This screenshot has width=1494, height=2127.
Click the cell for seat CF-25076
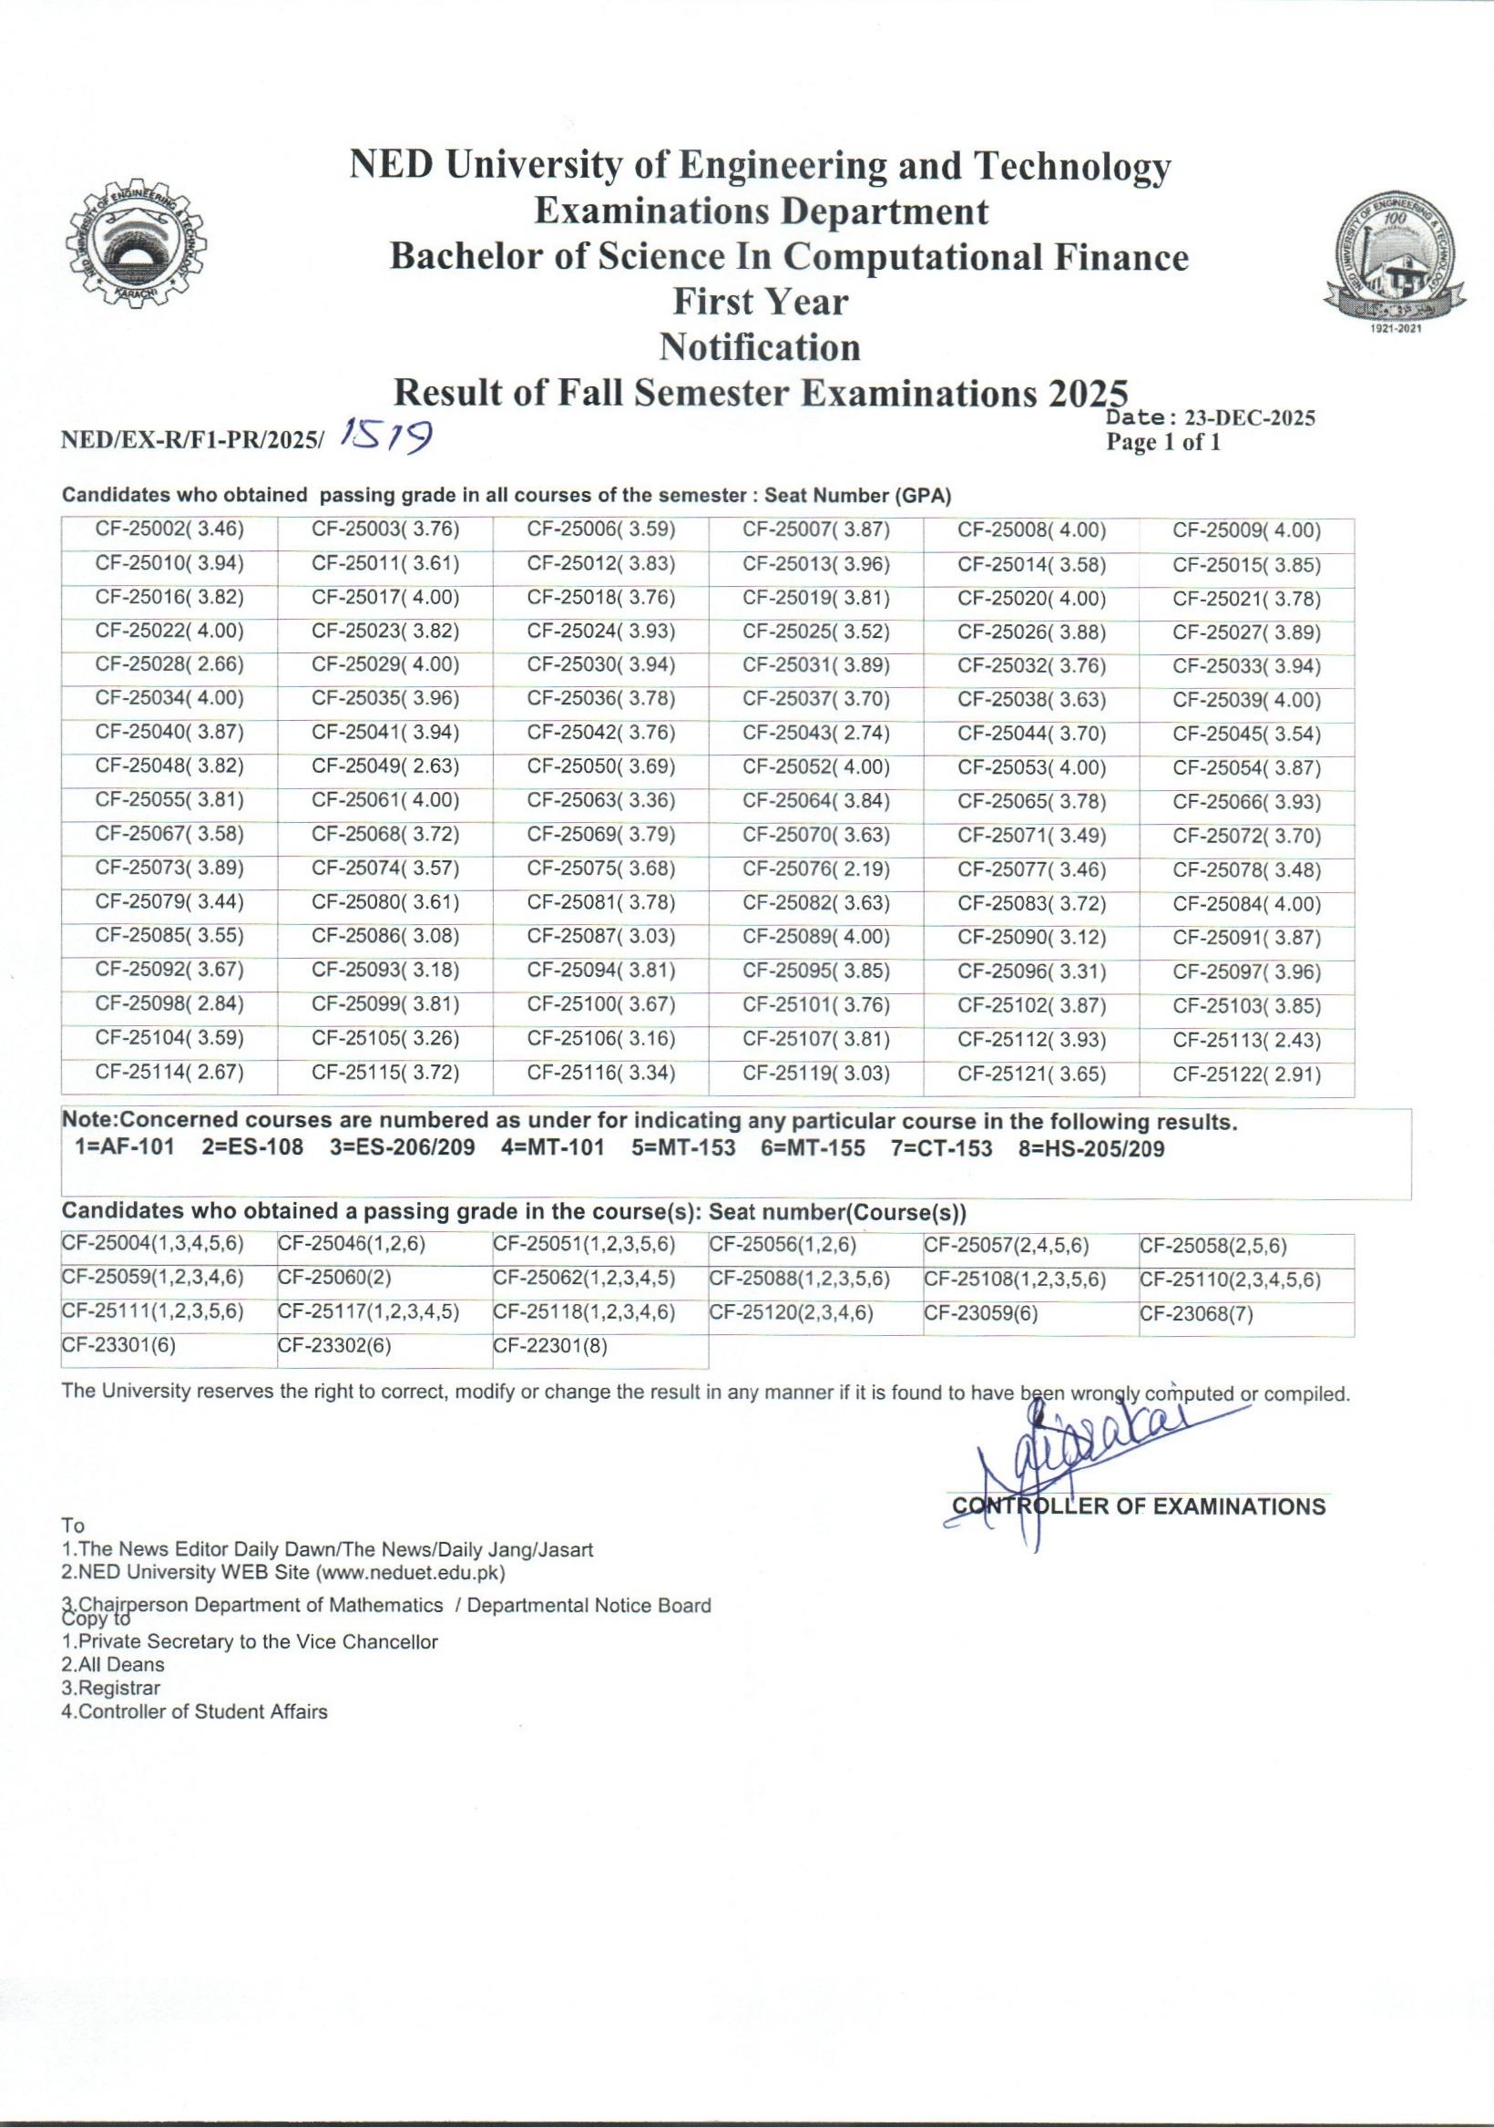click(815, 869)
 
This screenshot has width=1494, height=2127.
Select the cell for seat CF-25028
click(169, 665)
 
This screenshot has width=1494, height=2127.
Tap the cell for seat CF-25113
click(1246, 1040)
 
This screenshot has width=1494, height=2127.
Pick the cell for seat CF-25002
click(169, 529)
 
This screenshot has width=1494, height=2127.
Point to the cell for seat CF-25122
click(1246, 1074)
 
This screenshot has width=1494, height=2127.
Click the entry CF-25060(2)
click(334, 1279)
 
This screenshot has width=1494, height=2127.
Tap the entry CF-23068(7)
click(1196, 1313)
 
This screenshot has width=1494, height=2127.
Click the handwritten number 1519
click(388, 434)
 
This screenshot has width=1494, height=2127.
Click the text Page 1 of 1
click(1162, 443)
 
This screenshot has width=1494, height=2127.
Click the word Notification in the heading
click(760, 347)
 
